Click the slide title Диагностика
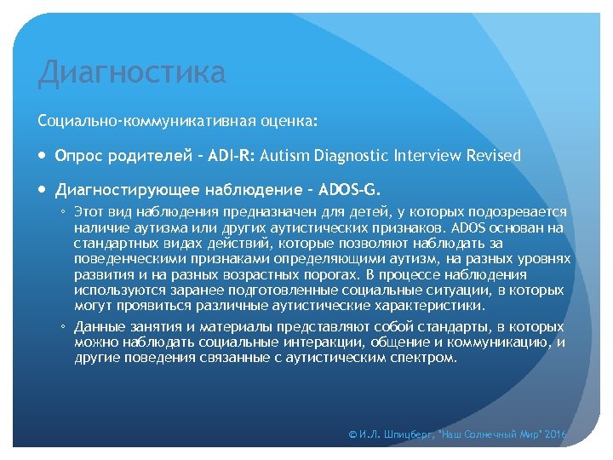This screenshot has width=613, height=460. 132,73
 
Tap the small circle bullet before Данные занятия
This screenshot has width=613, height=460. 64,327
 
